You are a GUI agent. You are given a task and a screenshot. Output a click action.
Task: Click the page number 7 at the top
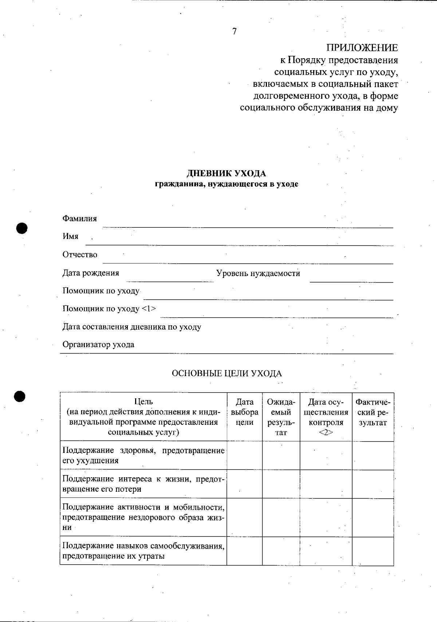pos(234,32)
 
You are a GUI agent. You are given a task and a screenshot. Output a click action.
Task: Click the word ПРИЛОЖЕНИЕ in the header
pos(362,48)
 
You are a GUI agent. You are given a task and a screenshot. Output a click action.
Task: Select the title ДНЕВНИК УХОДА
pos(226,173)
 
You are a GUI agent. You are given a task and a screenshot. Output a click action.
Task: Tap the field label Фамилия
pos(80,219)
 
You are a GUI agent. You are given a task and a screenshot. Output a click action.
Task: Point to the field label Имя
pos(70,236)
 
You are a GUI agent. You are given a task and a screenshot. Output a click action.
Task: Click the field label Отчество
pos(80,255)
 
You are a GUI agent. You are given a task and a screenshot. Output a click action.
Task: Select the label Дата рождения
pos(91,273)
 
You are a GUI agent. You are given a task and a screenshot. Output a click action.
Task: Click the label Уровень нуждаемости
pos(258,273)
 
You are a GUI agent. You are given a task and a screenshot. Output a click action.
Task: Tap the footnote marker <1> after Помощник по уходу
pos(149,309)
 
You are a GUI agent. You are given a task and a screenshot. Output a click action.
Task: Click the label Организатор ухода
pos(98,344)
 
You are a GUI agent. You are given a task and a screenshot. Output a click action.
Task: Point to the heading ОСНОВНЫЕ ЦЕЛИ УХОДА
pos(227,374)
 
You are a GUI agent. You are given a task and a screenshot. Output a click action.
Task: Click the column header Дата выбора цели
pos(244,412)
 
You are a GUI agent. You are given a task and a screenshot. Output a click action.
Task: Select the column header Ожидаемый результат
pos(281,417)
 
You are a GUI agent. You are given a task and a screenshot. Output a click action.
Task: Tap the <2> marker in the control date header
pos(326,432)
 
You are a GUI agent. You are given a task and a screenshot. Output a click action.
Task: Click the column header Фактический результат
pos(373,412)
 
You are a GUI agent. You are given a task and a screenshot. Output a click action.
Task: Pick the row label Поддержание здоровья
pos(143,455)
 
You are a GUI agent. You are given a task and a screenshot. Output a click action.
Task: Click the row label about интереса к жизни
pos(143,484)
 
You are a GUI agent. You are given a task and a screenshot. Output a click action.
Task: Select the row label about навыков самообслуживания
pos(143,551)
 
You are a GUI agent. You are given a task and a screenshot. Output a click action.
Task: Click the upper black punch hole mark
pos(22,228)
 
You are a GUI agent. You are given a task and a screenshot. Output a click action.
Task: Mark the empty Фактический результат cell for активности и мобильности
pos(373,517)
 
